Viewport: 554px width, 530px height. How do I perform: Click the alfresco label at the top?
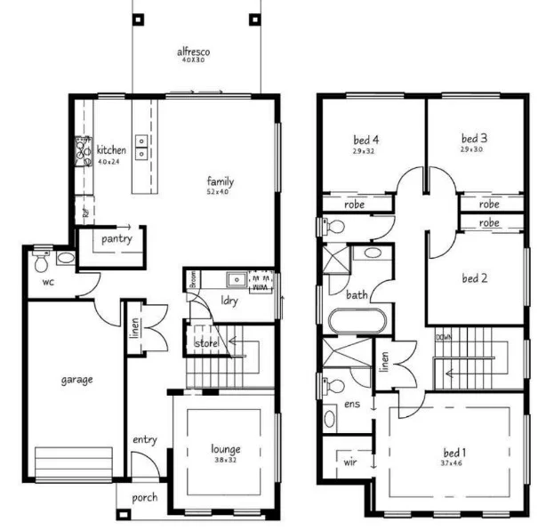click(x=192, y=52)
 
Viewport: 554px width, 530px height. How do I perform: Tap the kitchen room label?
click(x=111, y=150)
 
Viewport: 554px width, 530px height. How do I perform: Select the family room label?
click(x=220, y=181)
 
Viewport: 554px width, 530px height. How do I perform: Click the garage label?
click(x=76, y=379)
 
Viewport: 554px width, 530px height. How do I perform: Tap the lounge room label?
click(x=225, y=449)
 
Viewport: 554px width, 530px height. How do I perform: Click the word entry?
click(x=145, y=440)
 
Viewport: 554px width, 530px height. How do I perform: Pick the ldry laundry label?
click(x=229, y=301)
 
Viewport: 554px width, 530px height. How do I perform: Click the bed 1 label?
click(x=454, y=453)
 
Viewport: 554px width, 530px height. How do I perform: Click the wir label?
click(x=349, y=462)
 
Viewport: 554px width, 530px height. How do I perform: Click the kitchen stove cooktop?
click(x=84, y=153)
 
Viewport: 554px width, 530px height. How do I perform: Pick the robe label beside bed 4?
click(x=356, y=204)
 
